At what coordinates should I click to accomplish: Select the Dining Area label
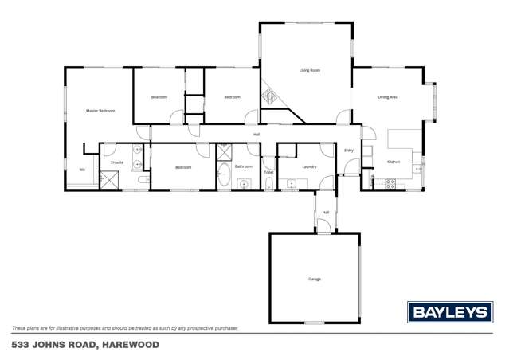tap(388, 97)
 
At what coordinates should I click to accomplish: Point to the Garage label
tap(314, 279)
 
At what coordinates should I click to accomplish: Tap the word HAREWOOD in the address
tap(130, 345)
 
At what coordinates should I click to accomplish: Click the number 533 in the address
tap(22, 345)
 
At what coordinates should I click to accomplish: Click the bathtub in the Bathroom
tap(225, 177)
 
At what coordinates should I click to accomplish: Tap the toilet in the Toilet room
tap(269, 184)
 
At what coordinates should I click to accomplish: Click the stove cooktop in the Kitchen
tap(391, 183)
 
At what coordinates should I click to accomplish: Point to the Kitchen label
tap(393, 162)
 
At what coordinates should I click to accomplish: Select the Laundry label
tap(310, 166)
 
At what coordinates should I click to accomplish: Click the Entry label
tap(348, 151)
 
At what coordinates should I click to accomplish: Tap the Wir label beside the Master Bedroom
tap(81, 170)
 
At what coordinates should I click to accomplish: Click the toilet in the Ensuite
tap(143, 181)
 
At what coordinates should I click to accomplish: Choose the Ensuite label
tap(116, 162)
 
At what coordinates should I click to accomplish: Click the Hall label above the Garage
tap(326, 212)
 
